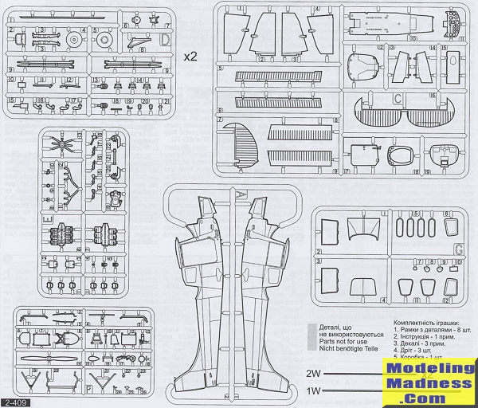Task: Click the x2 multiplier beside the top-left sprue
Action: pos(191,57)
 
